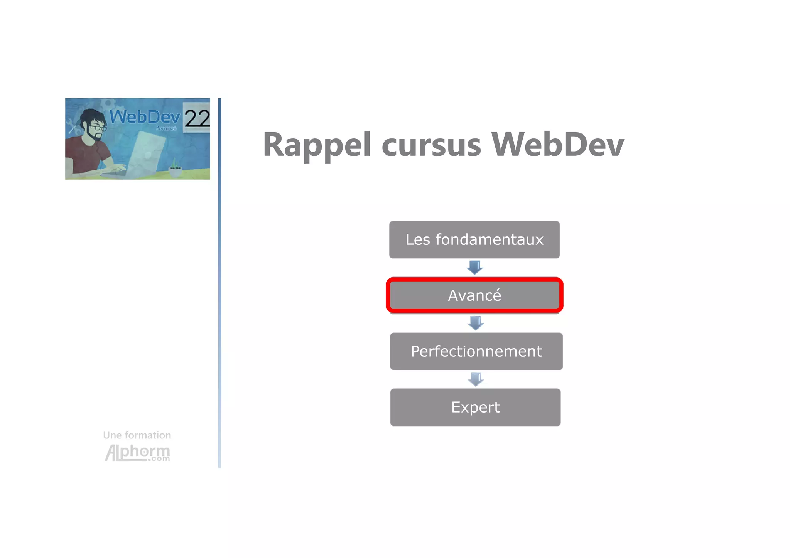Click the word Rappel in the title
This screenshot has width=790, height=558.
316,145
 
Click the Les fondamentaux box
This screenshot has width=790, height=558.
474,239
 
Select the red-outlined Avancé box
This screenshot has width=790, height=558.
474,295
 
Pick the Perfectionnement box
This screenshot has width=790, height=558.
476,351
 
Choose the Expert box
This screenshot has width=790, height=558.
475,407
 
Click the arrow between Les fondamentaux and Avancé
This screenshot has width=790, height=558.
474,267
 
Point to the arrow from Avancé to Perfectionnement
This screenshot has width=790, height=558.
476,323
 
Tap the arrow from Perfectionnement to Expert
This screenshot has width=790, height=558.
476,379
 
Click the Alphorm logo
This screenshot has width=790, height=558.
137,452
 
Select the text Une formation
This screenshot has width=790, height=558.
137,435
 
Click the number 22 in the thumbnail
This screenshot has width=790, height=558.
197,118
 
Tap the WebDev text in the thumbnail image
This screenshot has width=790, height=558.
145,116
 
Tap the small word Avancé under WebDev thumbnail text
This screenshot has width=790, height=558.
166,128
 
